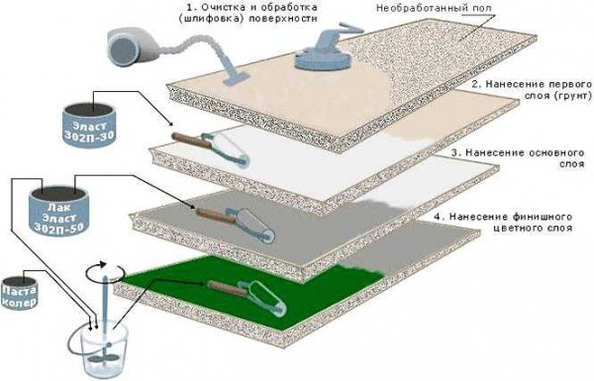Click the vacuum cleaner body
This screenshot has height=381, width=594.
(134, 46)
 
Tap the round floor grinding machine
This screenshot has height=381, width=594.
(323, 52)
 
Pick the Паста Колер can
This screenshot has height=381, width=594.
(20, 293)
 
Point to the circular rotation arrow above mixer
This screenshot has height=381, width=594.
(105, 271)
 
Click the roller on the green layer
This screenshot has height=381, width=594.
(247, 298)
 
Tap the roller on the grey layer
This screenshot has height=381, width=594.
(235, 225)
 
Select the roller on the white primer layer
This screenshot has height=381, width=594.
(211, 148)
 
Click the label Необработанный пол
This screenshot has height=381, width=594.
(435, 8)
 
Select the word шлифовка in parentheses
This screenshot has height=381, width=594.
(211, 19)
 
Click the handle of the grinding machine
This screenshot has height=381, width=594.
(350, 30)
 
